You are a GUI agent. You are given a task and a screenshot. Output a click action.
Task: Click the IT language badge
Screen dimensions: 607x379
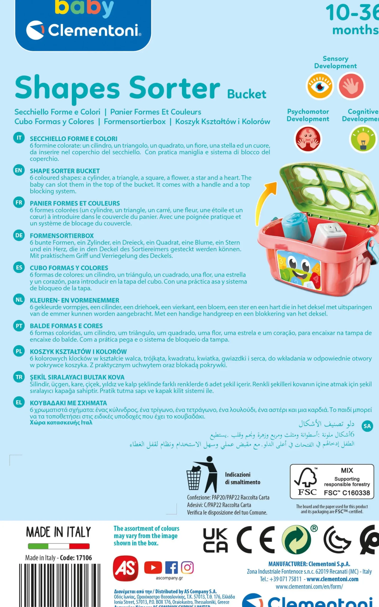(19, 138)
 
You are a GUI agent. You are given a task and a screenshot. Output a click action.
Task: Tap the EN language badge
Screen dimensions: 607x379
(19, 170)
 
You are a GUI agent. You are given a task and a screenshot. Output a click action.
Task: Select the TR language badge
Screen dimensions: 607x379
(19, 377)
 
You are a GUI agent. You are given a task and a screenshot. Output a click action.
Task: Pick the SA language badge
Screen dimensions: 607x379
(367, 426)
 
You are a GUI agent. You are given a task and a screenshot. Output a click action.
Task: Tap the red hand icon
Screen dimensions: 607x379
(351, 86)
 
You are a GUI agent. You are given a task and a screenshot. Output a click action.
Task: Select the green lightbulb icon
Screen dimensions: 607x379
(362, 139)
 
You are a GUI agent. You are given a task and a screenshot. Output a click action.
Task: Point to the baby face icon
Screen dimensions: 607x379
(308, 139)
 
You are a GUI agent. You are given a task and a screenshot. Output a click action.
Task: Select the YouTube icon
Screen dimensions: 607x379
(153, 567)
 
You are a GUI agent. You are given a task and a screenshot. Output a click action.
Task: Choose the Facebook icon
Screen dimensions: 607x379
(171, 567)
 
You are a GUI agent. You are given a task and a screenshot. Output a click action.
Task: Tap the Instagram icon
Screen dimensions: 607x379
(187, 567)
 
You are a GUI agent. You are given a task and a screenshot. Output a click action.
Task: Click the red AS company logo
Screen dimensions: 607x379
(125, 568)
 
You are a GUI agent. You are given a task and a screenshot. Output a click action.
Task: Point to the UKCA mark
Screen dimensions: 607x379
(215, 540)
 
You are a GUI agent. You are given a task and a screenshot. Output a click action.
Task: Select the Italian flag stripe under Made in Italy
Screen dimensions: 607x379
(59, 546)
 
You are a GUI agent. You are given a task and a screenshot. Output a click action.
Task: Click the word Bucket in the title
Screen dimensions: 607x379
(247, 94)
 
